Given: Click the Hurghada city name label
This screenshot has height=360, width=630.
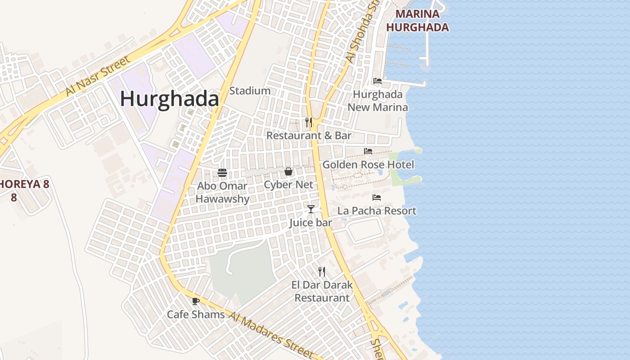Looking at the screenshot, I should pyautogui.click(x=169, y=99).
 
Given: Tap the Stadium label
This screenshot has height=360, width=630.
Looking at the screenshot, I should pyautogui.click(x=250, y=91).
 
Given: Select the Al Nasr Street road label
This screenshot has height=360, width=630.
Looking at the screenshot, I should pyautogui.click(x=98, y=76).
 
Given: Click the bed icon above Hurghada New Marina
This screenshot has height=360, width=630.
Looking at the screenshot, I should pyautogui.click(x=378, y=81).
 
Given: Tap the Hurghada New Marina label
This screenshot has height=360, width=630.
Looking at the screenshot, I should pyautogui.click(x=378, y=101).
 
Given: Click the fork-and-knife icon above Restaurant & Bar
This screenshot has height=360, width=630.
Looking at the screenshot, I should pyautogui.click(x=309, y=122).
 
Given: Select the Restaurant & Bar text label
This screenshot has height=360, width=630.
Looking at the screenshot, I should pyautogui.click(x=309, y=135).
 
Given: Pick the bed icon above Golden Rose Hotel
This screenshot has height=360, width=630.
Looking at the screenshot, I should pyautogui.click(x=368, y=151).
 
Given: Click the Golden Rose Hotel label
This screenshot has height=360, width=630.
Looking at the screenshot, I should pyautogui.click(x=368, y=165).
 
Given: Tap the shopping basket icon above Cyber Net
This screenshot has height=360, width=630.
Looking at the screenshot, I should pyautogui.click(x=288, y=171).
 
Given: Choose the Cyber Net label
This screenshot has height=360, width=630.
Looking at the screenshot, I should pyautogui.click(x=288, y=185).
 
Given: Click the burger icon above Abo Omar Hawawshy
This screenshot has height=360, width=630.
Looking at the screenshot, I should pyautogui.click(x=222, y=172).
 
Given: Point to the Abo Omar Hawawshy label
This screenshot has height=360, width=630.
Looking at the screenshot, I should pyautogui.click(x=222, y=192).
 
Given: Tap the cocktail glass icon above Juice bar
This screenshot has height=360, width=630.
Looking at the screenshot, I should pyautogui.click(x=310, y=209).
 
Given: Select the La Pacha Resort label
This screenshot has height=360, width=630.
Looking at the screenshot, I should pyautogui.click(x=377, y=211).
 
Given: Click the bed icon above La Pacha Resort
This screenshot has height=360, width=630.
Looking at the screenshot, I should pyautogui.click(x=377, y=198).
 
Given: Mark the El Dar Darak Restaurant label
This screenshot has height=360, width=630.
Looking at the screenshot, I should pyautogui.click(x=322, y=291).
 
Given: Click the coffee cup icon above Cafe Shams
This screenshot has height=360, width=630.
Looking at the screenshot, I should pyautogui.click(x=195, y=301).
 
